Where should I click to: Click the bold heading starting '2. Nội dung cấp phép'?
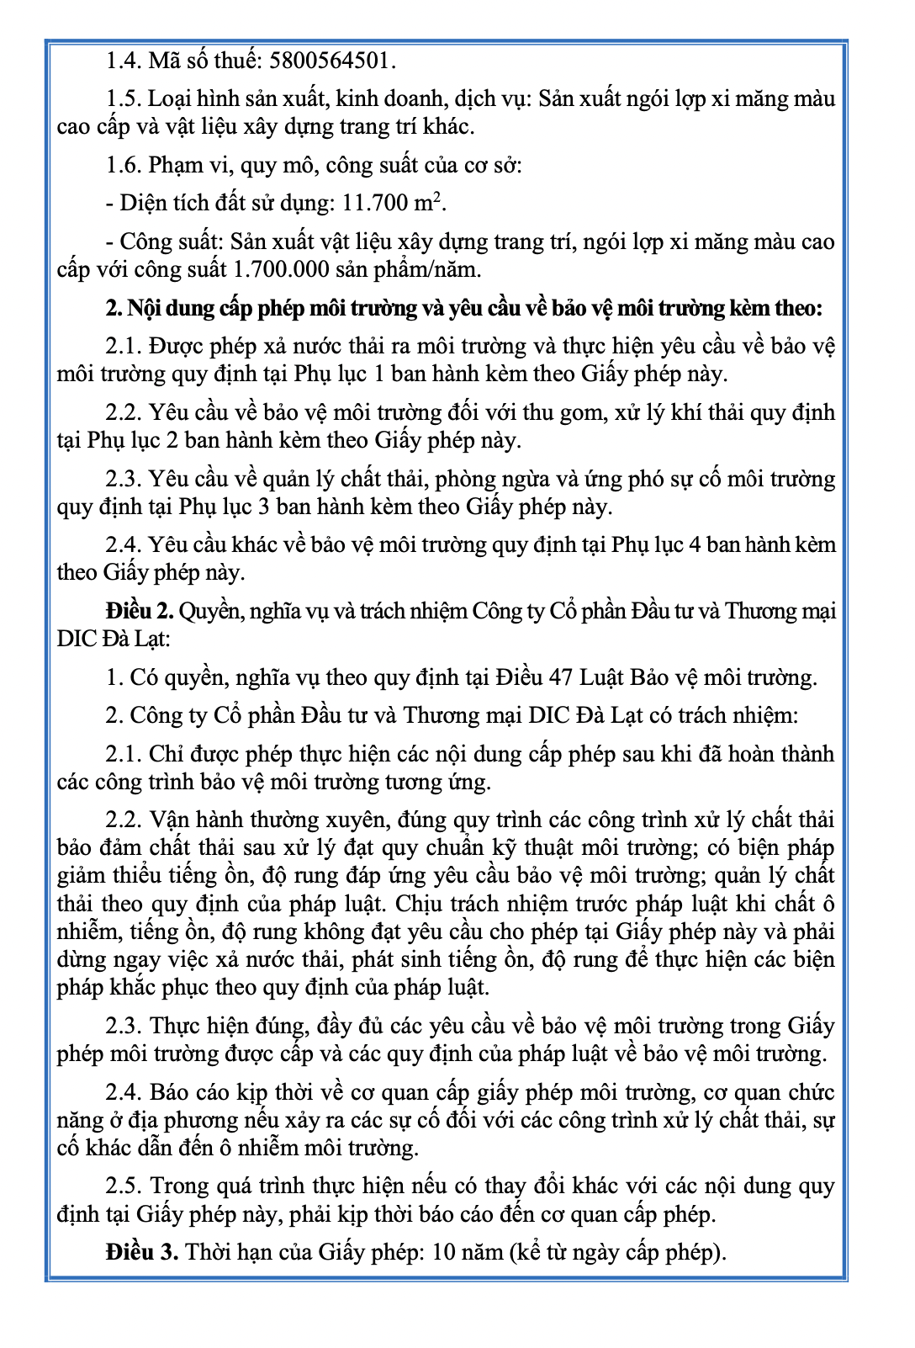pos(463,308)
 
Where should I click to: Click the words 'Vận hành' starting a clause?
pos(186,820)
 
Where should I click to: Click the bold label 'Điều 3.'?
pos(142,1252)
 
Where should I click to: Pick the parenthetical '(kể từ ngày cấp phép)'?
pos(617,1252)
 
